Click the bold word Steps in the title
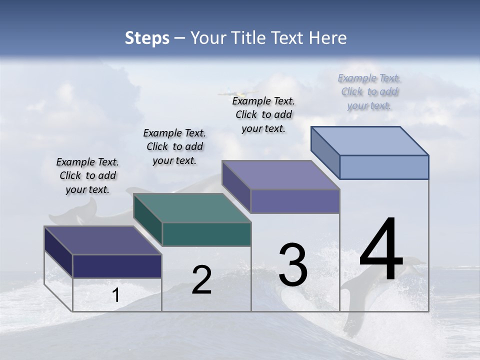(147, 38)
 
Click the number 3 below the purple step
(293, 265)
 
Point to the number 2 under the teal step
(201, 280)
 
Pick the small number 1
(115, 295)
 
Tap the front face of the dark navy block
(117, 266)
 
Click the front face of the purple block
(295, 201)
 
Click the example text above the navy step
(87, 175)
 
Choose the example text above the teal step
(174, 146)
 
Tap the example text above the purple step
(263, 114)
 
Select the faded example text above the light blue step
(369, 91)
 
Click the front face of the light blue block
(384, 167)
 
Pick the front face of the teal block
(206, 234)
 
